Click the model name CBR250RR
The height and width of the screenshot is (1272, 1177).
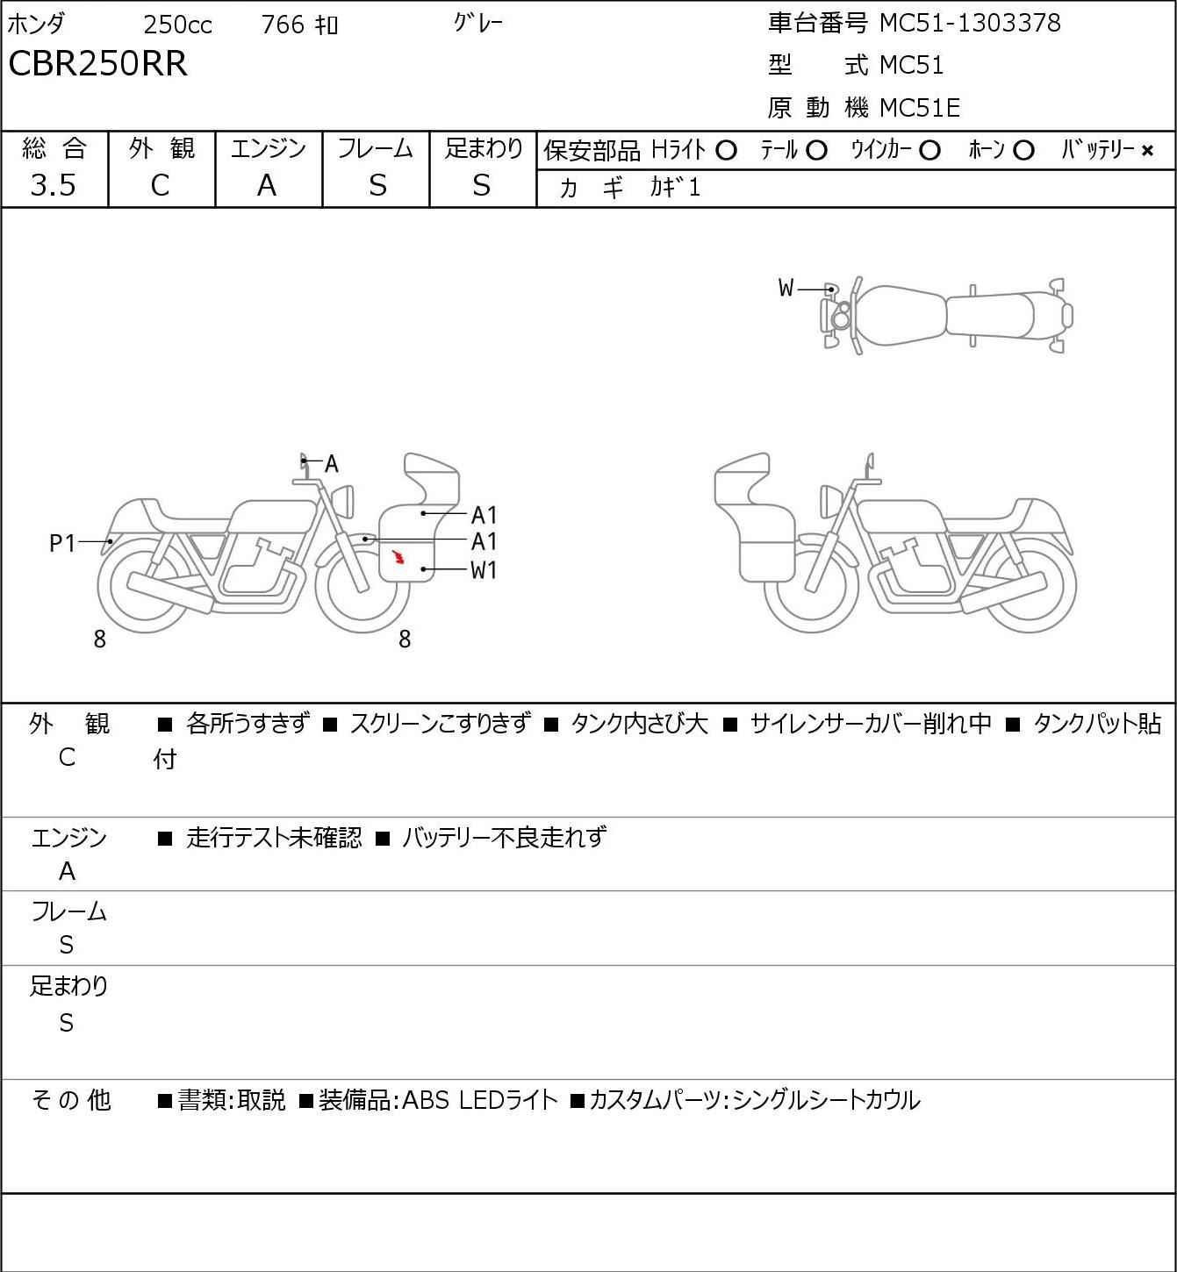click(97, 64)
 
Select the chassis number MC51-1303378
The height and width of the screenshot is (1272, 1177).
click(970, 23)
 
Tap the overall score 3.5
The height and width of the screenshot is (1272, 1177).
click(54, 185)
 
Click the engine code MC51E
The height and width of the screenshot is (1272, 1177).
click(919, 108)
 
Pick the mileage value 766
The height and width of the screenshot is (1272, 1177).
click(283, 25)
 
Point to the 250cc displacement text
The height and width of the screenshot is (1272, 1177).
click(177, 25)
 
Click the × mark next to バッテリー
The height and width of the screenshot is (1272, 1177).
click(1147, 151)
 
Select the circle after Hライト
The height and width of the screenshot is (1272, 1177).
click(726, 151)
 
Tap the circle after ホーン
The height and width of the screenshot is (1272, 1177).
click(1023, 151)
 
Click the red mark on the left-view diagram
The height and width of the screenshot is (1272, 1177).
click(398, 556)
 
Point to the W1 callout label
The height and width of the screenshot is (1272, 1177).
click(484, 570)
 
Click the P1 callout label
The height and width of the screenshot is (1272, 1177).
click(62, 544)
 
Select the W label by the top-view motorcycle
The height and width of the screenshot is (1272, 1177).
click(786, 288)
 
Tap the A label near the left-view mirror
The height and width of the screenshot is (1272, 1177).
click(332, 464)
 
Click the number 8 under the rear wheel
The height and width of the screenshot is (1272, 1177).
click(100, 640)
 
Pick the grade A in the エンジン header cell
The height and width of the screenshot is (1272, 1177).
click(267, 185)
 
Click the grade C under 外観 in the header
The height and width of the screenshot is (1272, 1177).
click(160, 185)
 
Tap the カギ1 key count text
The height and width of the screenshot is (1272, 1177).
click(675, 188)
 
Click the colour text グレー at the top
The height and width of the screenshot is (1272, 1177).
click(478, 24)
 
